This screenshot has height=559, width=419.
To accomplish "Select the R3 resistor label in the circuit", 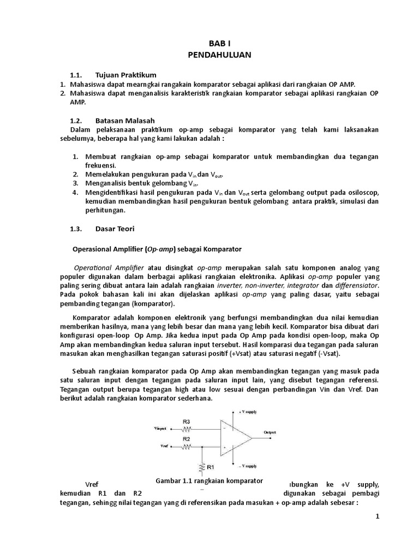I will coord(187,421).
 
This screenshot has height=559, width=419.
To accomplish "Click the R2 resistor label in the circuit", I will coord(186,438).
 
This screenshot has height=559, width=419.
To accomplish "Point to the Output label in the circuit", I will coord(271,432).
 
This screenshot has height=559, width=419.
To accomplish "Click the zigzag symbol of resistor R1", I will coord(202,467).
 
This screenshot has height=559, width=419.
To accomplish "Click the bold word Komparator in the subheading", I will coord(220,249).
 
